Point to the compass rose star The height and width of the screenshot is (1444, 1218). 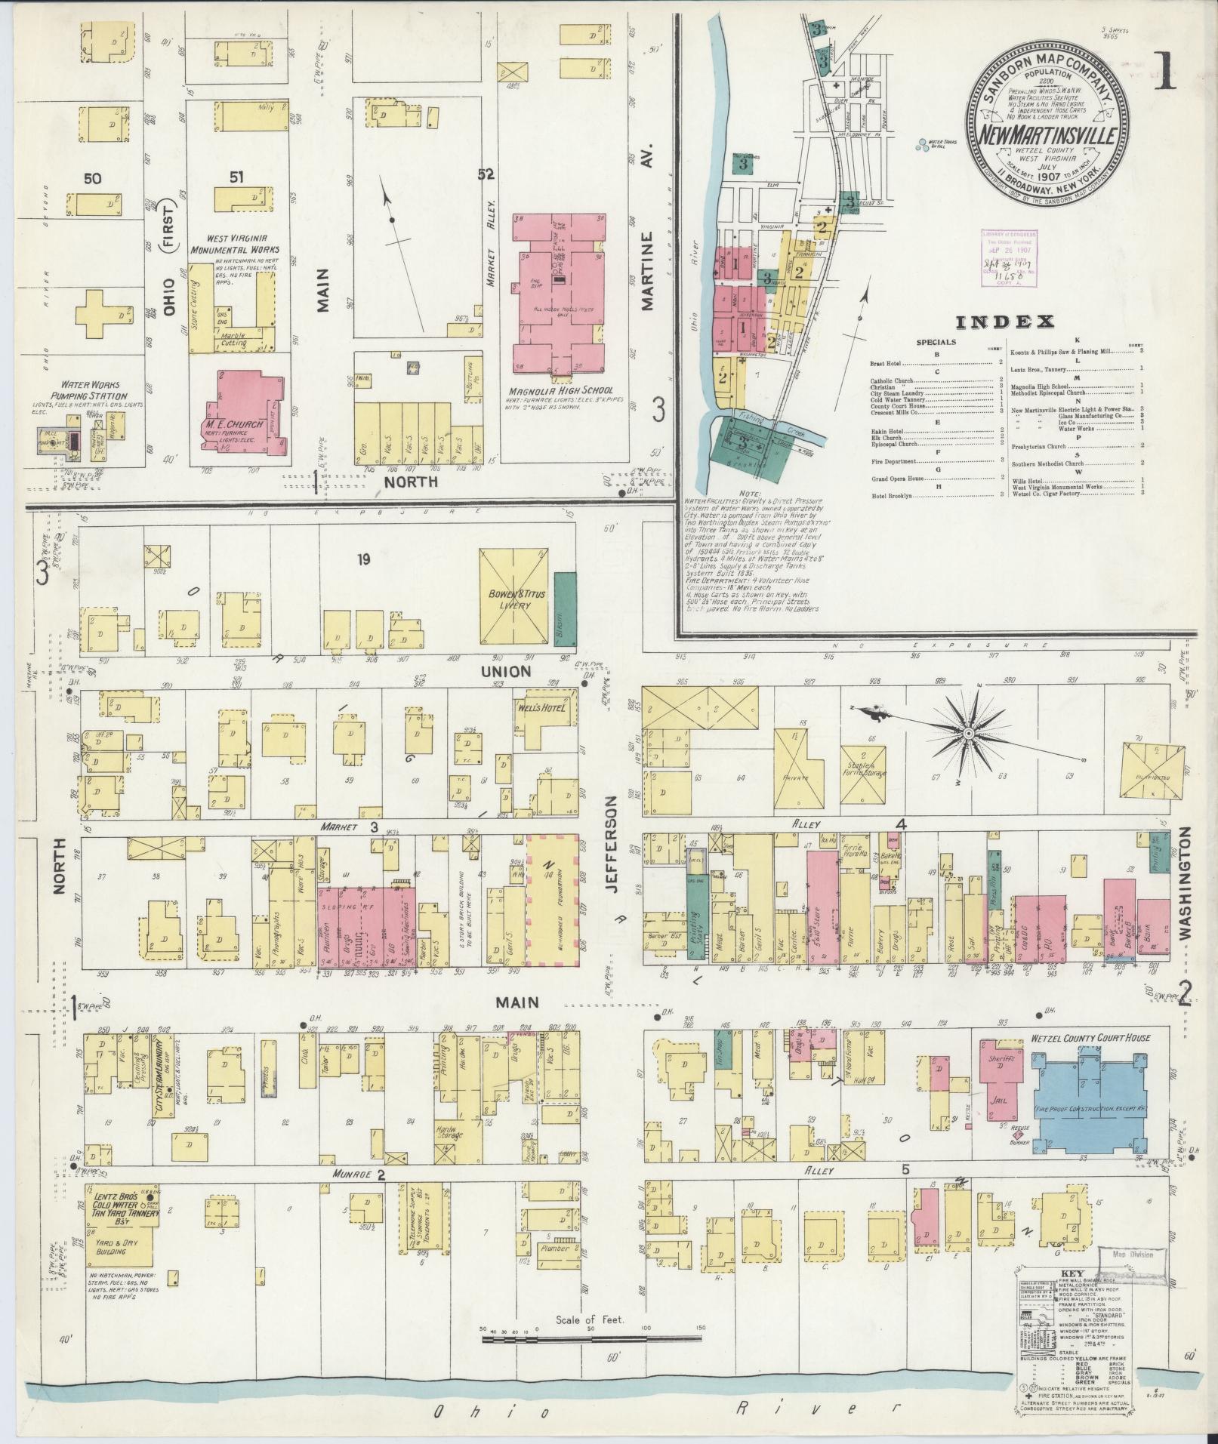(x=969, y=733)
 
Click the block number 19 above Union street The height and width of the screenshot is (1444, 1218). (x=365, y=559)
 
